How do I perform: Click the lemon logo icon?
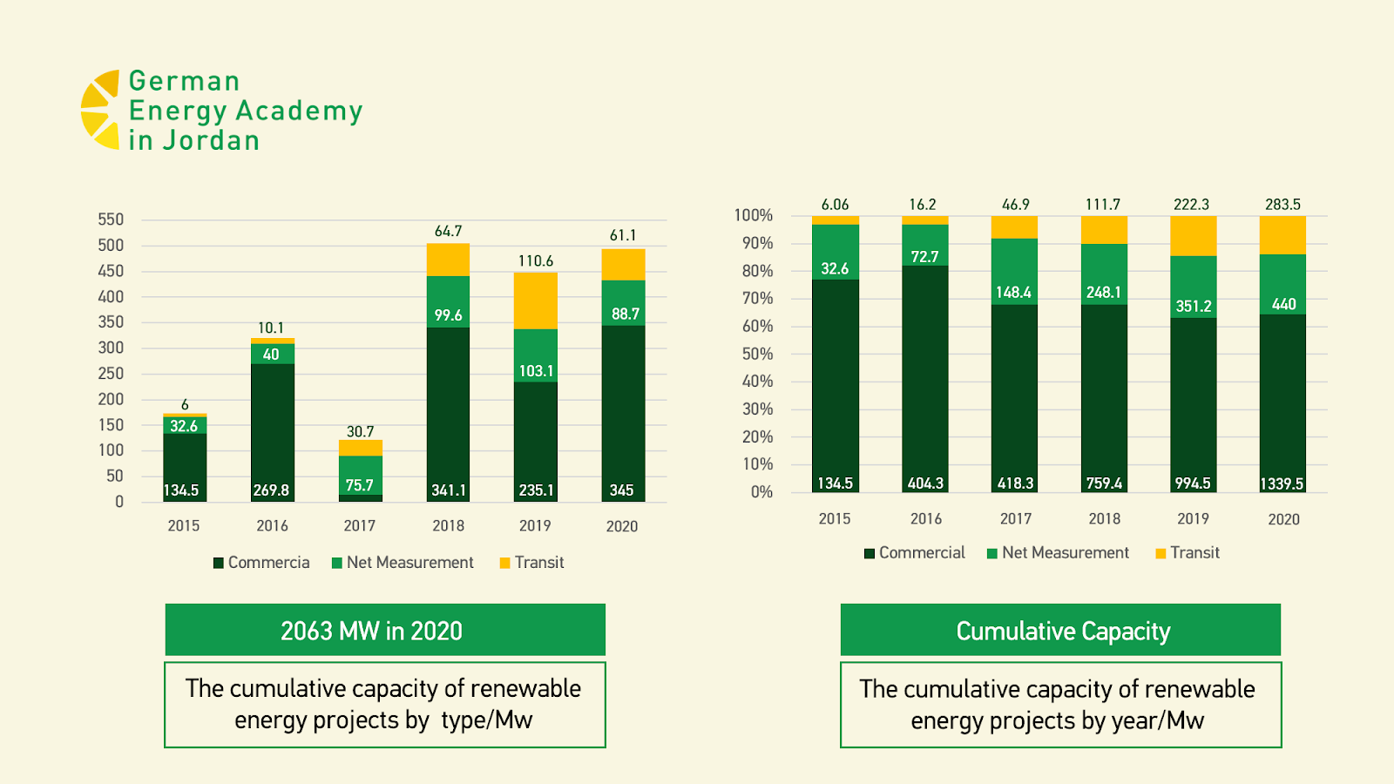[100, 110]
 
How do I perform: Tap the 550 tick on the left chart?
[111, 220]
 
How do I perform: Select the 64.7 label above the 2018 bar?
[448, 232]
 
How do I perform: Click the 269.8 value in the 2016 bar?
[271, 490]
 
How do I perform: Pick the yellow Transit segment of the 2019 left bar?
[535, 301]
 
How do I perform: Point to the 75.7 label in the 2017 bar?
[359, 485]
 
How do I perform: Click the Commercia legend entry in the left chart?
[261, 563]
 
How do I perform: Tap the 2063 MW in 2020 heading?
[371, 631]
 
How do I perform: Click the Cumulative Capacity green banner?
[1061, 631]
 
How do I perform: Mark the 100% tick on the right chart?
[754, 215]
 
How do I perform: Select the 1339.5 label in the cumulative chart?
[1282, 483]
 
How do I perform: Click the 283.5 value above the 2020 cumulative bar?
[1282, 205]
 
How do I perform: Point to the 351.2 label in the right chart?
[1193, 307]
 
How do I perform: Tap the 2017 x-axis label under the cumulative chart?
[1015, 519]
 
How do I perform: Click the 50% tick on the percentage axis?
[757, 354]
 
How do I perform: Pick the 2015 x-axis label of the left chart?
[184, 526]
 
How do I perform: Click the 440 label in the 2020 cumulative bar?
[1283, 304]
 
